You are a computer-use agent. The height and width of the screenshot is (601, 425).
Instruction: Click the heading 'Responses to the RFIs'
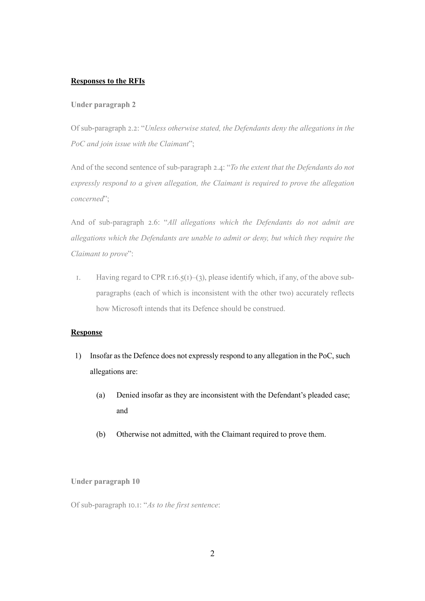(x=108, y=81)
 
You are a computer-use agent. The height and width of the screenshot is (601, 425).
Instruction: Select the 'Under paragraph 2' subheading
(x=103, y=105)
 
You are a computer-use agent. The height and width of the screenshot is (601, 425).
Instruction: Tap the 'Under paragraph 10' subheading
(x=105, y=481)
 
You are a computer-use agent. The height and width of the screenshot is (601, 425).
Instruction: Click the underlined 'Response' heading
(x=86, y=332)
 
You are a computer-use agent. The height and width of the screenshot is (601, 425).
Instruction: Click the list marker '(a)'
(x=101, y=395)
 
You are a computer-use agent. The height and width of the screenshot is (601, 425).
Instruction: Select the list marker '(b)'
(x=101, y=434)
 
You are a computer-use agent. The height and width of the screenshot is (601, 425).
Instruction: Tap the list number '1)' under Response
(x=78, y=356)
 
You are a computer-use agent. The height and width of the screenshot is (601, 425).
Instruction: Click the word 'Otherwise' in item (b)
(x=133, y=434)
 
